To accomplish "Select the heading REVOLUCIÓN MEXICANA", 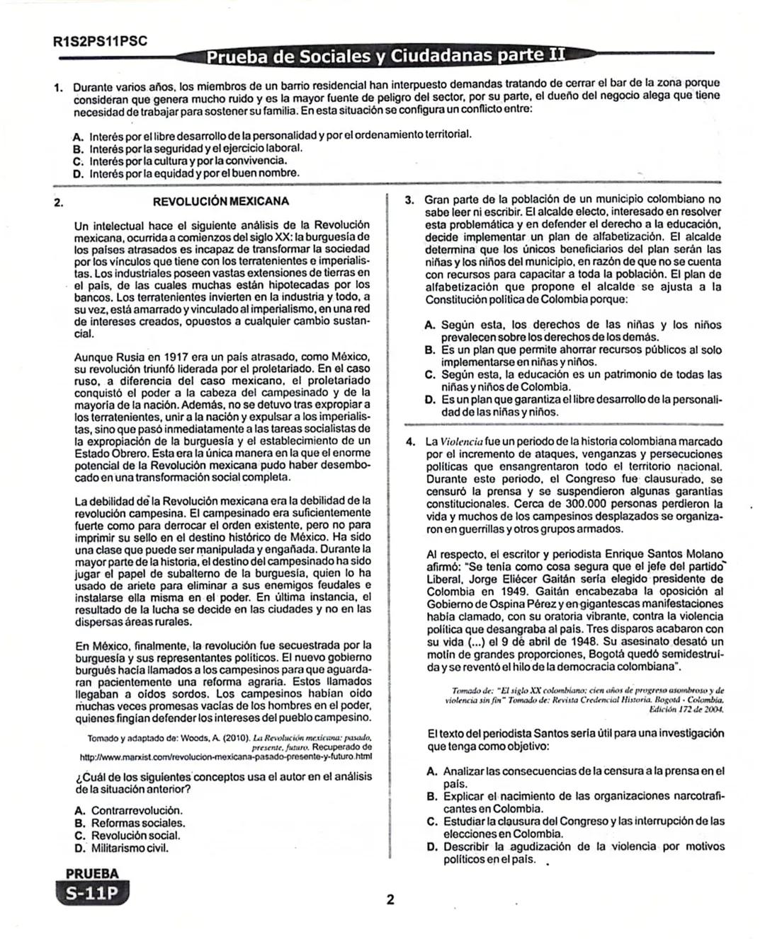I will [221, 201].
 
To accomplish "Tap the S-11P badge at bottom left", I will [93, 894].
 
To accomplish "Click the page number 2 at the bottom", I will [390, 901].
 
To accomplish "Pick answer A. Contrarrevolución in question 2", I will [128, 810].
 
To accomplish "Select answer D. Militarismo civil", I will [122, 848].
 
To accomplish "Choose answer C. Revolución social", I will [126, 835].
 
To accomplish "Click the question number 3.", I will [409, 200].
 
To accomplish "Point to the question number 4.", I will [409, 442].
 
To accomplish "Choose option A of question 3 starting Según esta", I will [574, 331].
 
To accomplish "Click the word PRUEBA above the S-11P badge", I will [92, 874].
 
